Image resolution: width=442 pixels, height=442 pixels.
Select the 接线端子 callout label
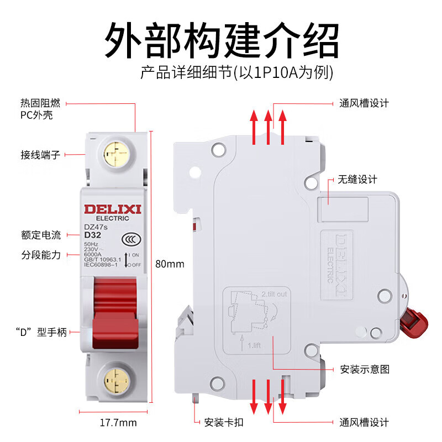coord(40,155)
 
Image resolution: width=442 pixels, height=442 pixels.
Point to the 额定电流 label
coord(41,235)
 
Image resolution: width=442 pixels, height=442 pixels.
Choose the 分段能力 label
coord(41,255)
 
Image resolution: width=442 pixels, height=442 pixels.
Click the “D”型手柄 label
coord(41,332)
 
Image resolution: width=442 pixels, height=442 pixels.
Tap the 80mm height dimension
coord(170,264)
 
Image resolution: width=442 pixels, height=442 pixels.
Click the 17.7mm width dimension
coord(118,423)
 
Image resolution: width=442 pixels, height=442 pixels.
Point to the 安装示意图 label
coord(364,369)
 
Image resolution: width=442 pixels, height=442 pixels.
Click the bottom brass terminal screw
coord(116,378)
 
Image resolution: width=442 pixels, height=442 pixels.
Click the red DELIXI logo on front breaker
coord(113,208)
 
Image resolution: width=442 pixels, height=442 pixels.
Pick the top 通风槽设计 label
coord(364,103)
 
